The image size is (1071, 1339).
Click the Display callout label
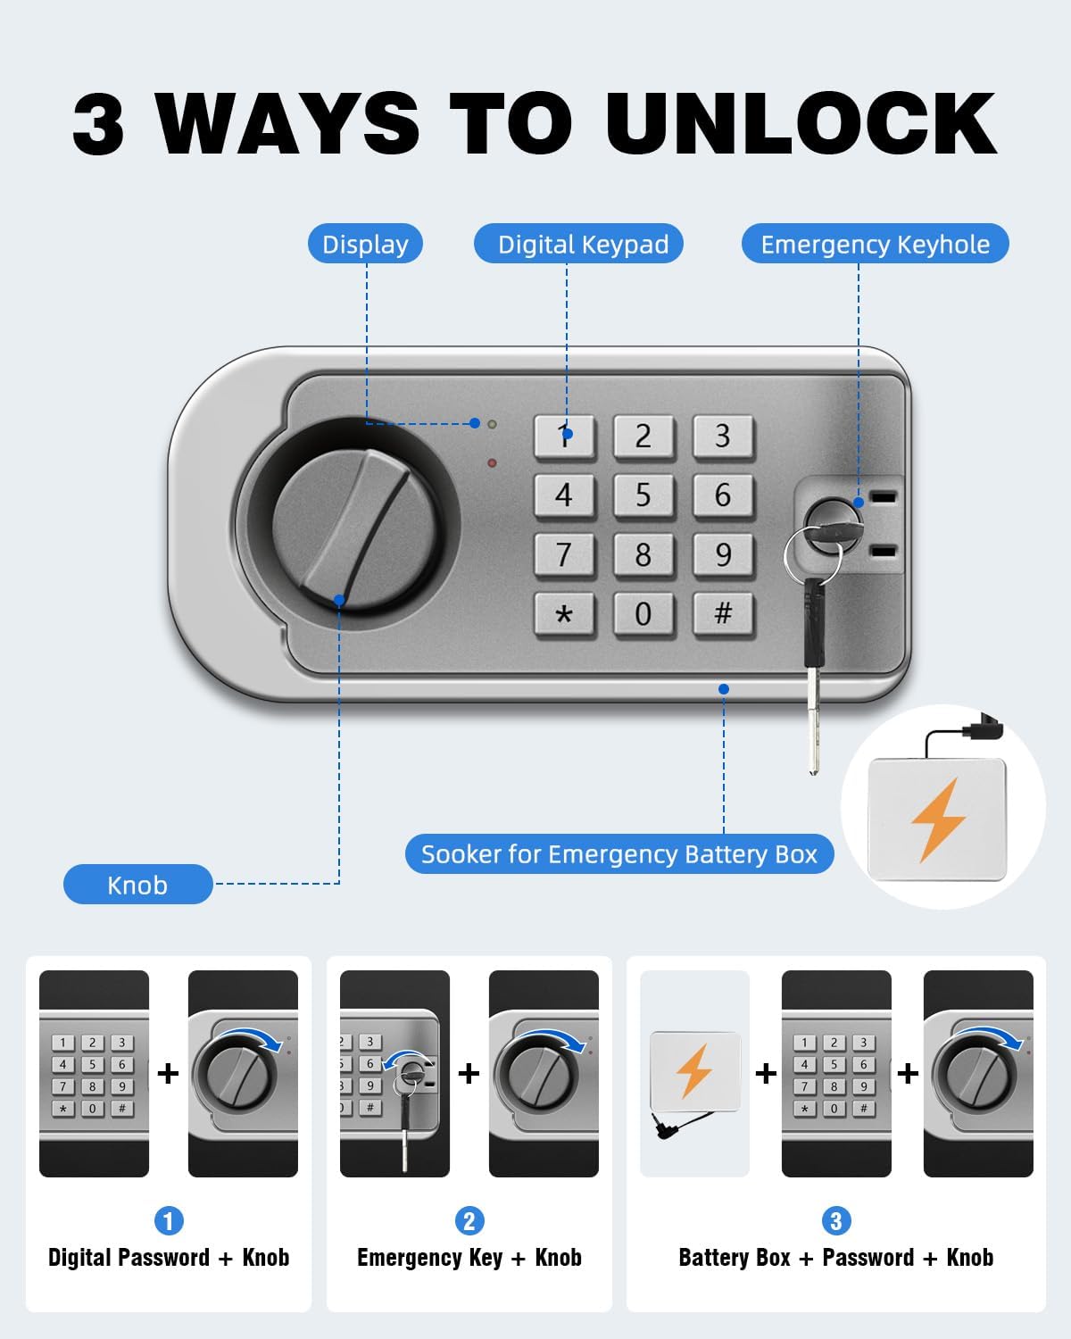(x=365, y=244)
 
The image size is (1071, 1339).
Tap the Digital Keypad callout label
(x=578, y=244)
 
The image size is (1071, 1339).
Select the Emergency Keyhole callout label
(x=875, y=244)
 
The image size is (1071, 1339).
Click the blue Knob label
(x=138, y=884)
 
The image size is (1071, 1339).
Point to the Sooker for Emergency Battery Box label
(x=619, y=853)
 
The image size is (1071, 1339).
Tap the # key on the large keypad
(x=723, y=614)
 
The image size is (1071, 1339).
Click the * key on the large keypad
(x=564, y=615)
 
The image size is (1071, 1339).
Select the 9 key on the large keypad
(x=723, y=555)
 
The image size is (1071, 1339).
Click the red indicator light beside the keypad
(x=492, y=463)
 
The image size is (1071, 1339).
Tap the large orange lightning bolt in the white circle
(x=938, y=820)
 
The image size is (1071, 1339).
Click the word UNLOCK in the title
(x=801, y=122)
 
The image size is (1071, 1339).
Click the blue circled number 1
(x=169, y=1220)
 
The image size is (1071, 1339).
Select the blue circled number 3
(x=835, y=1220)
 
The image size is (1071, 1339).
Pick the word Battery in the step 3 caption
(x=735, y=1258)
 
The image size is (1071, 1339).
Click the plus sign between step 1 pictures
(x=168, y=1073)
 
